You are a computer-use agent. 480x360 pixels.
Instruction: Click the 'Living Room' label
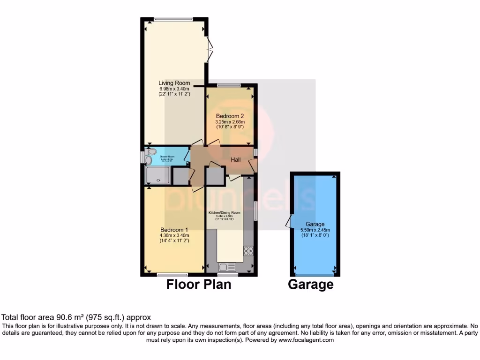(x=174, y=83)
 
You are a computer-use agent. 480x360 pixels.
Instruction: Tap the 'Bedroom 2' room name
(x=230, y=116)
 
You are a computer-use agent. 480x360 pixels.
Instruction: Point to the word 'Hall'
(x=235, y=160)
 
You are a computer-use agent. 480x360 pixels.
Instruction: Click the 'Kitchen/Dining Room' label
(x=224, y=212)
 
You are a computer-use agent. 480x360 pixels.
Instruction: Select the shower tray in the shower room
(x=158, y=176)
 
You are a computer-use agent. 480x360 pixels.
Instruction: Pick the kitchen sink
(x=227, y=267)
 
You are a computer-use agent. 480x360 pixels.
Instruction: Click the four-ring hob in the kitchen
(x=248, y=251)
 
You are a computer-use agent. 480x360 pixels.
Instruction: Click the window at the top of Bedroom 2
(x=229, y=85)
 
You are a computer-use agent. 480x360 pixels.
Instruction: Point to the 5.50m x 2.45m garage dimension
(x=315, y=230)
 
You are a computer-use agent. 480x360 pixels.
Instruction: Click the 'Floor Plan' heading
(x=199, y=284)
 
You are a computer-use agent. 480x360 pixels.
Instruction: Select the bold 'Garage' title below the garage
(x=310, y=284)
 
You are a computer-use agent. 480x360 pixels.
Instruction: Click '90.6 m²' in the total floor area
(x=68, y=317)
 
